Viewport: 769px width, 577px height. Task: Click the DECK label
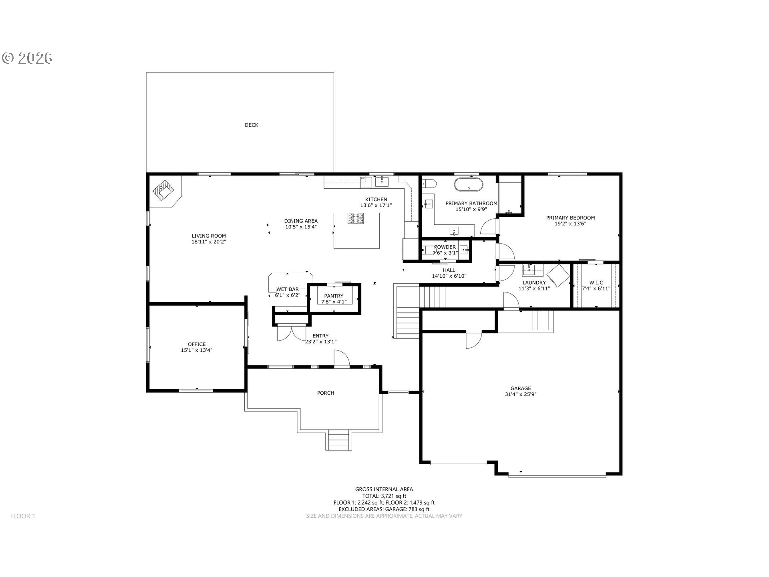(x=252, y=125)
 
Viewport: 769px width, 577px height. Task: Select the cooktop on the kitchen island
(x=356, y=219)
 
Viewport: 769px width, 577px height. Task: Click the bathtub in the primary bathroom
(x=468, y=184)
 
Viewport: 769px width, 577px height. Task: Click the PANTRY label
(x=334, y=296)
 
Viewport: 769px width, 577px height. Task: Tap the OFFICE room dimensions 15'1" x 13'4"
(x=197, y=350)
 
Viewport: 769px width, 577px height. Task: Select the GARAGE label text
(x=521, y=388)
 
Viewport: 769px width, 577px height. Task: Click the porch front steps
(x=339, y=440)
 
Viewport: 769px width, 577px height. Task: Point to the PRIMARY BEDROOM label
(x=570, y=218)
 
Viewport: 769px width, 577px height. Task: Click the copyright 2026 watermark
(x=27, y=58)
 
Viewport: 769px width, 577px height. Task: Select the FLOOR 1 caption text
(x=23, y=516)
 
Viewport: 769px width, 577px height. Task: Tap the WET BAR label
(x=288, y=289)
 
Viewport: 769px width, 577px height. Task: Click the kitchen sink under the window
(x=382, y=182)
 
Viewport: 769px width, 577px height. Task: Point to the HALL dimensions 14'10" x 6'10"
(x=449, y=276)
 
